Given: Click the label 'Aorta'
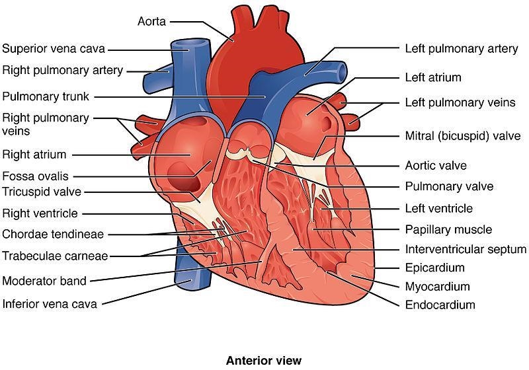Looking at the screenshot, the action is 151,22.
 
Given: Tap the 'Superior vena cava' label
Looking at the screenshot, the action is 54,49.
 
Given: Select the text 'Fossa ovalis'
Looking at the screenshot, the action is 35,176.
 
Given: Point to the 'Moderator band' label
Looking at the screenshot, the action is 44,281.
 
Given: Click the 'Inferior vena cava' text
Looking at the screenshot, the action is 50,304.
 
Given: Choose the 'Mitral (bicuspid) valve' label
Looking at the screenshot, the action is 463,136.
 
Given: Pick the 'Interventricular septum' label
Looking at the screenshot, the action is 466,249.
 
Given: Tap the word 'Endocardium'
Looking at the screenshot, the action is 440,305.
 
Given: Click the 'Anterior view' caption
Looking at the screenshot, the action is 264,361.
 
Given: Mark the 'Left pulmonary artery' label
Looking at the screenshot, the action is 461,49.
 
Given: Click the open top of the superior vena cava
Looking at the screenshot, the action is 190,44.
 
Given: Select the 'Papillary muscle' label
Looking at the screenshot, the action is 448,230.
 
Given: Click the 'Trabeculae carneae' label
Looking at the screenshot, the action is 55,256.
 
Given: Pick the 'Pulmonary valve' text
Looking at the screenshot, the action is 449,186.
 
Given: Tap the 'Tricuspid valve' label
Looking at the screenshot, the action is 42,192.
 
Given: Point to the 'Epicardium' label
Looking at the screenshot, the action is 435,268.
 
